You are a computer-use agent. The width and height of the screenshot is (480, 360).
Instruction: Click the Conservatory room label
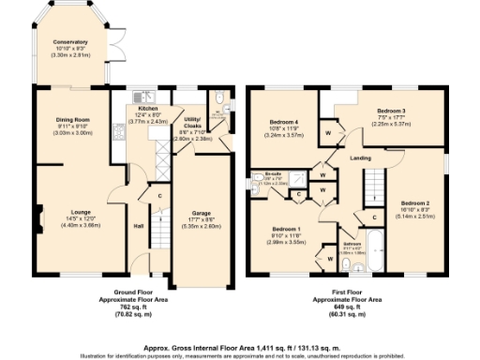[x=70, y=42]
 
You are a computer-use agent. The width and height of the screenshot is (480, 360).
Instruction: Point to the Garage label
[x=201, y=214]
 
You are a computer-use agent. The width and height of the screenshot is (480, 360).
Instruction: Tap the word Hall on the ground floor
[x=138, y=226]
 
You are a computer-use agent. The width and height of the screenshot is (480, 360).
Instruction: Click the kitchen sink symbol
[x=143, y=95]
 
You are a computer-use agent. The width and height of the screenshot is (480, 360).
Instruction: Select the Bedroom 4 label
[x=283, y=123]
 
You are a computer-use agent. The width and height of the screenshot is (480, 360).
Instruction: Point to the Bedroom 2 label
[x=415, y=202]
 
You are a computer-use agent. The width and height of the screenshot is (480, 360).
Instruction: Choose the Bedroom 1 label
[x=286, y=229]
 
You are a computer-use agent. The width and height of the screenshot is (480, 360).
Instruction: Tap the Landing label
[x=361, y=157]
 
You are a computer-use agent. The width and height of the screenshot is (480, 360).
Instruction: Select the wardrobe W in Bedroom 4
[x=329, y=133]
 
